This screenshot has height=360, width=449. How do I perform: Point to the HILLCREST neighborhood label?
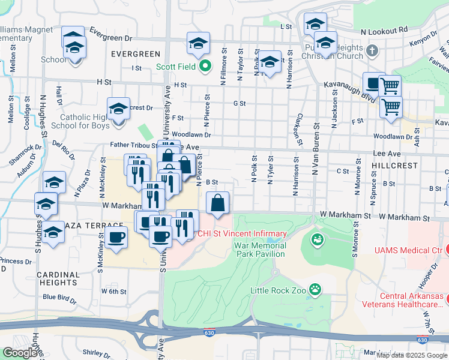pos(393,164)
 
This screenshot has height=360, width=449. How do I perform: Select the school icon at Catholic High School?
pos(118,109)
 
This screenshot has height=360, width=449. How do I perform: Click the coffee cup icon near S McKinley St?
pos(116,236)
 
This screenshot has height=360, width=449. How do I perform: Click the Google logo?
pos(20,353)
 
